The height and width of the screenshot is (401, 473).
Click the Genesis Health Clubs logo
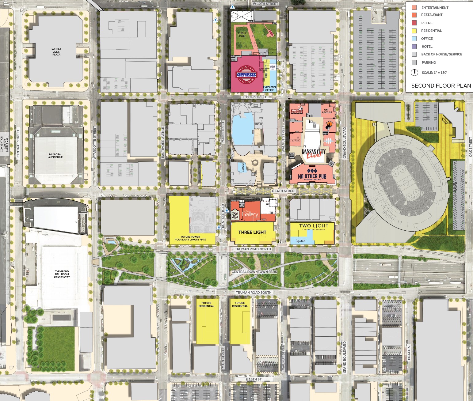click(246, 74)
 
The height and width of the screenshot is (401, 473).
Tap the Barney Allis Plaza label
click(56, 51)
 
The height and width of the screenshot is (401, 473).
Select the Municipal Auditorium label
click(56, 156)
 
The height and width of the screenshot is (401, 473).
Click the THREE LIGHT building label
click(252, 232)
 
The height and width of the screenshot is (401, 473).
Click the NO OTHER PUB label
click(312, 176)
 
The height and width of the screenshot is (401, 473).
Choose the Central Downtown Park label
click(254, 272)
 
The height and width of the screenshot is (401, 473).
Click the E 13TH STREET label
click(254, 97)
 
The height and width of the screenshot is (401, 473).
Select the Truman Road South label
click(254, 293)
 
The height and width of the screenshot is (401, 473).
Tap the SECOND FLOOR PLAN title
click(441, 86)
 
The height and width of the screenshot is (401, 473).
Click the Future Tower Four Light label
click(190, 238)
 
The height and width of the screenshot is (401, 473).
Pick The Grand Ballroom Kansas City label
click(62, 274)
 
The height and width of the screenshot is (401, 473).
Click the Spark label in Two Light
click(301, 240)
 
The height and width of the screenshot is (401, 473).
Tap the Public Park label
click(242, 35)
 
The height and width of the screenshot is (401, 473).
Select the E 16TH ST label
click(254, 379)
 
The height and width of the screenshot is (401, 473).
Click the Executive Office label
click(269, 89)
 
